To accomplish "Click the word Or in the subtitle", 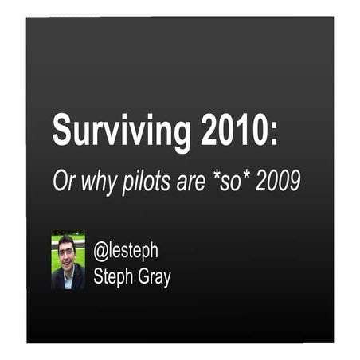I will (x=63, y=181).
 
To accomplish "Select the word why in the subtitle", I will (x=98, y=182).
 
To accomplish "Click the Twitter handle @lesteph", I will (x=126, y=252).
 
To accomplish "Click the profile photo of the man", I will (x=68, y=260).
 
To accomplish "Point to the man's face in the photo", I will (x=67, y=252).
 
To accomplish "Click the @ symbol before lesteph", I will (x=100, y=252).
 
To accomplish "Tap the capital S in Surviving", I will (x=61, y=130).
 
